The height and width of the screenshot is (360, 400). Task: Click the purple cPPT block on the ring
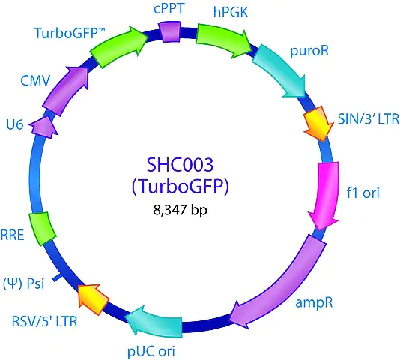coord(169,31)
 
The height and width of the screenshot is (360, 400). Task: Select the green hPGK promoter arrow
coord(222,40)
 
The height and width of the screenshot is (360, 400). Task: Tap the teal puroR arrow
coord(282,70)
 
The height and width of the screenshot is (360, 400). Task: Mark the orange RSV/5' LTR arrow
coord(93,299)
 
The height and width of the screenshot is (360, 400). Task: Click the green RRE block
coord(42,229)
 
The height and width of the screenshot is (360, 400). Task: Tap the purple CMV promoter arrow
coord(65,91)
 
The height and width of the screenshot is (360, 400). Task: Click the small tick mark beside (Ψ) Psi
coord(57,277)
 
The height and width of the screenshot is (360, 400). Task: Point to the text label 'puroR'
coord(309,51)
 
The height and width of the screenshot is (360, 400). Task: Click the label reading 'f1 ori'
coord(363,193)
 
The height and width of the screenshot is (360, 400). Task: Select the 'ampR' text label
coord(314,303)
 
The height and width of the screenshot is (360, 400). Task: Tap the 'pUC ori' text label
coord(151,351)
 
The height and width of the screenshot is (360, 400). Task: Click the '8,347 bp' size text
coord(180,211)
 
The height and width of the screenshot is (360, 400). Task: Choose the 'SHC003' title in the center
coord(180,165)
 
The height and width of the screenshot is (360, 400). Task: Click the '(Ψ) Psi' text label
coord(23,283)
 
